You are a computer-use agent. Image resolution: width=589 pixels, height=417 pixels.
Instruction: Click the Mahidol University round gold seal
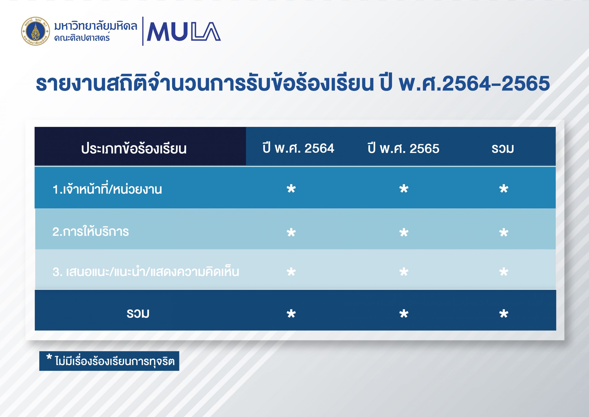tap(36, 31)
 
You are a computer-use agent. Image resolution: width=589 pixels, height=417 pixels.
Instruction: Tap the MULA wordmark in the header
tap(184, 32)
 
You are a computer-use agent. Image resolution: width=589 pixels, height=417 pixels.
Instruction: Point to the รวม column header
tap(503, 149)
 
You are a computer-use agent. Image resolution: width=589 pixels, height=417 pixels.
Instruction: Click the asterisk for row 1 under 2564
tap(291, 189)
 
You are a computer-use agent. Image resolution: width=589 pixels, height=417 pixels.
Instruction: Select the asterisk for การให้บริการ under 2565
tap(404, 233)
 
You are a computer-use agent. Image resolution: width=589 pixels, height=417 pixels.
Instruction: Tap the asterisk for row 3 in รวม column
tap(504, 272)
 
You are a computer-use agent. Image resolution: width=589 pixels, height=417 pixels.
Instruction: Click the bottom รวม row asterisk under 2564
tap(291, 314)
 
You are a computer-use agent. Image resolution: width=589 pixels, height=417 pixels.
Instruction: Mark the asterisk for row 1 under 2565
tap(404, 189)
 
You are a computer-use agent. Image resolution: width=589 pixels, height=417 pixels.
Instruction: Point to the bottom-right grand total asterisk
tap(504, 314)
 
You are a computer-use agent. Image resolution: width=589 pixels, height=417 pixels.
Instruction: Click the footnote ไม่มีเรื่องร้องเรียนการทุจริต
tap(115, 361)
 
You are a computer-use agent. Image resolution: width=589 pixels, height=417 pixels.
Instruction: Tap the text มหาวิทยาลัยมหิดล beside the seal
tap(96, 26)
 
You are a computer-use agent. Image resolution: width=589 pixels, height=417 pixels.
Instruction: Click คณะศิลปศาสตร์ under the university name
tap(82, 38)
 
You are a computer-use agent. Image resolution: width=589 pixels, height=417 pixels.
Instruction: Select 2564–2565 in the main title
tap(496, 84)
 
